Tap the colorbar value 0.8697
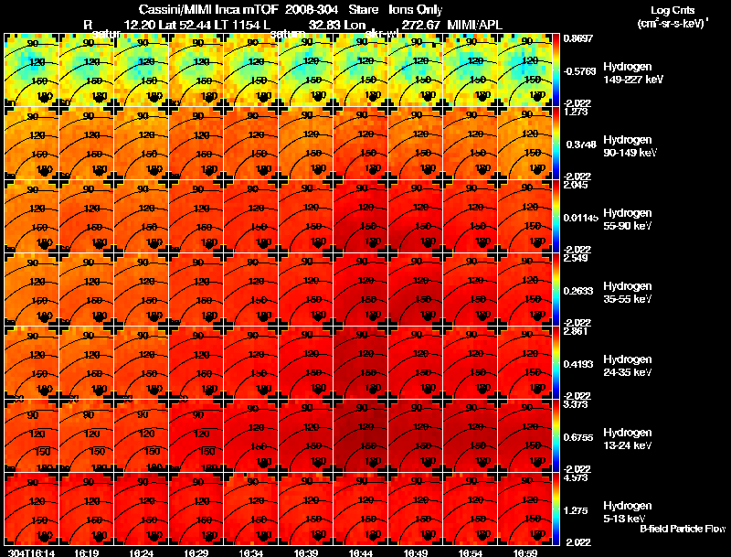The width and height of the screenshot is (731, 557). click(577, 38)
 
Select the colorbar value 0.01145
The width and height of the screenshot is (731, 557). click(578, 217)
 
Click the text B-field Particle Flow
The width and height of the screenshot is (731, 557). click(683, 529)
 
